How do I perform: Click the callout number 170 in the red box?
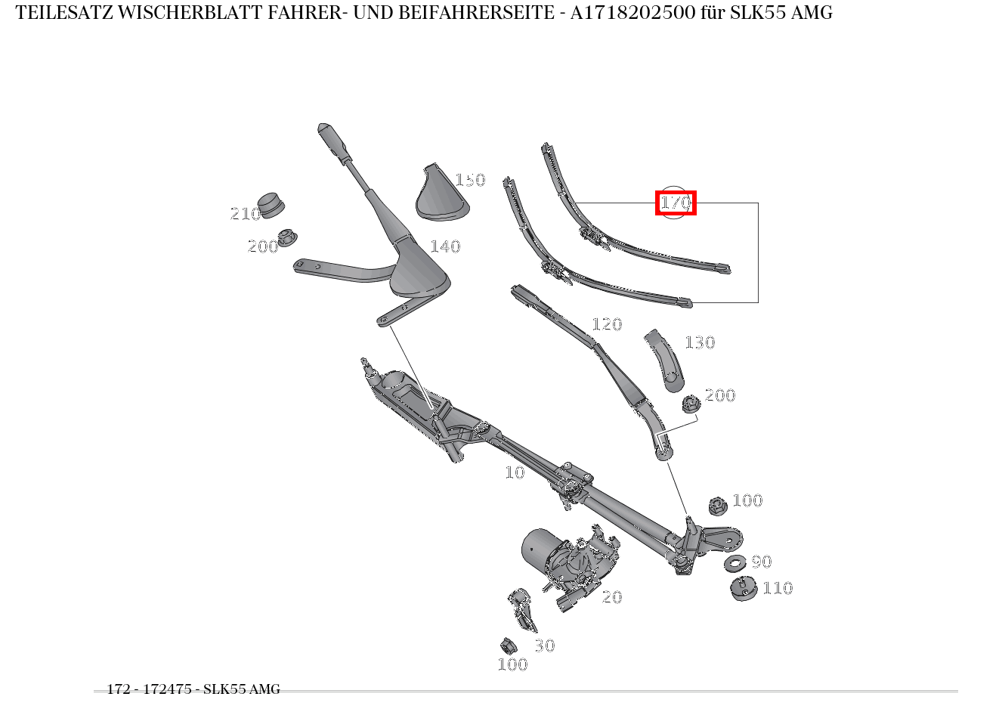(676, 203)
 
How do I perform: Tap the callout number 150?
(470, 180)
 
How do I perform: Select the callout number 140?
(445, 246)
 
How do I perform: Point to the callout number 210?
(245, 214)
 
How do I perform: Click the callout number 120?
(607, 324)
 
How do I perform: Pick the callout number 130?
(700, 342)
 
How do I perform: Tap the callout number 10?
(515, 472)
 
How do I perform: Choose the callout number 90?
(762, 562)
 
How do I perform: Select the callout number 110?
(778, 588)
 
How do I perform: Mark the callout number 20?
(612, 596)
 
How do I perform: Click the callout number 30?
(545, 646)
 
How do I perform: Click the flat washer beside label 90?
(735, 563)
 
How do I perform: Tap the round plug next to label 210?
(271, 206)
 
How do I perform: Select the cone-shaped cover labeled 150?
(442, 194)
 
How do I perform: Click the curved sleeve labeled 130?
(666, 361)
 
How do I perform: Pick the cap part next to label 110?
(743, 588)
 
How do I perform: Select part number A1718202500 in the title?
(632, 13)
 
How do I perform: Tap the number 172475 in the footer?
(167, 689)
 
